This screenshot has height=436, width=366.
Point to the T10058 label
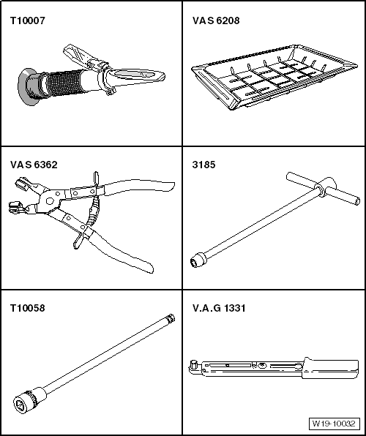[x=26, y=308]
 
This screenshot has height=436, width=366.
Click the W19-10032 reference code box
[x=333, y=423]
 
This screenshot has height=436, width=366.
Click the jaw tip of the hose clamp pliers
[x=17, y=206]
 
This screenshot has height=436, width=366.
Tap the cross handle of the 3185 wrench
[x=321, y=192]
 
